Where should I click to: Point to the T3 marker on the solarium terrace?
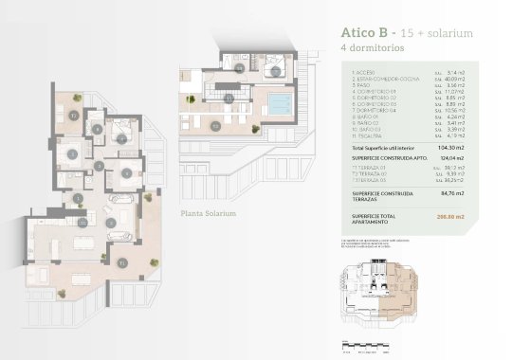tap(215, 124)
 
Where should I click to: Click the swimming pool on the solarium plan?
tap(280, 103)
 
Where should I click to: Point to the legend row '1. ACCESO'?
tap(365, 71)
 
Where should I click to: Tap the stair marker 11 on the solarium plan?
tap(240, 67)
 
